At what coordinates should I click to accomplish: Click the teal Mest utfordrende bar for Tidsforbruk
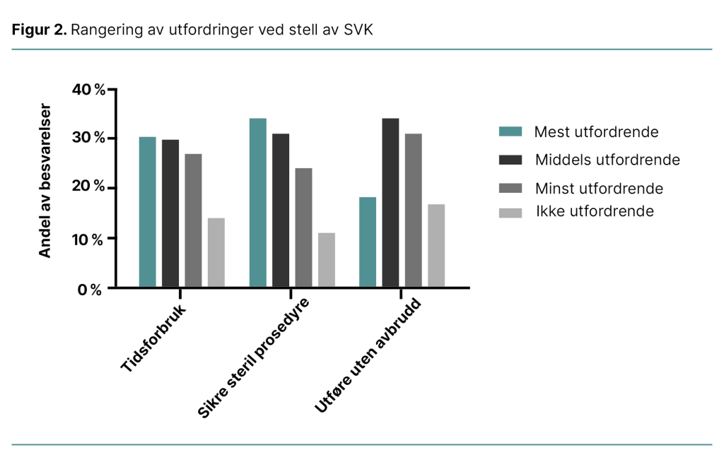[x=147, y=212]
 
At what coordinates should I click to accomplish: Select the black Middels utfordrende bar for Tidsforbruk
[x=170, y=213]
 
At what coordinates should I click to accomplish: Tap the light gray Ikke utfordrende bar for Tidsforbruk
[x=216, y=252]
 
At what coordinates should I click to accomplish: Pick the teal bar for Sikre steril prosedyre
[x=257, y=203]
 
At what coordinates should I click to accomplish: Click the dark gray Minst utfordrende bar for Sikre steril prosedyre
[x=303, y=227]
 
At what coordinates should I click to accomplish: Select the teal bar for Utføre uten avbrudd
[x=368, y=242]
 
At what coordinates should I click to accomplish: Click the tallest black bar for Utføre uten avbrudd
[x=390, y=203]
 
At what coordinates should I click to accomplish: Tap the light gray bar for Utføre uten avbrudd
[x=436, y=245]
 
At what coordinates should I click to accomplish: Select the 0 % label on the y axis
[x=90, y=290]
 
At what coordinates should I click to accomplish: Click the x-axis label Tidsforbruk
[x=154, y=340]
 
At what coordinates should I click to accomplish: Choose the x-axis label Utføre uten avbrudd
[x=368, y=357]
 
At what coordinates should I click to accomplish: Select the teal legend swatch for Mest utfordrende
[x=510, y=132]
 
